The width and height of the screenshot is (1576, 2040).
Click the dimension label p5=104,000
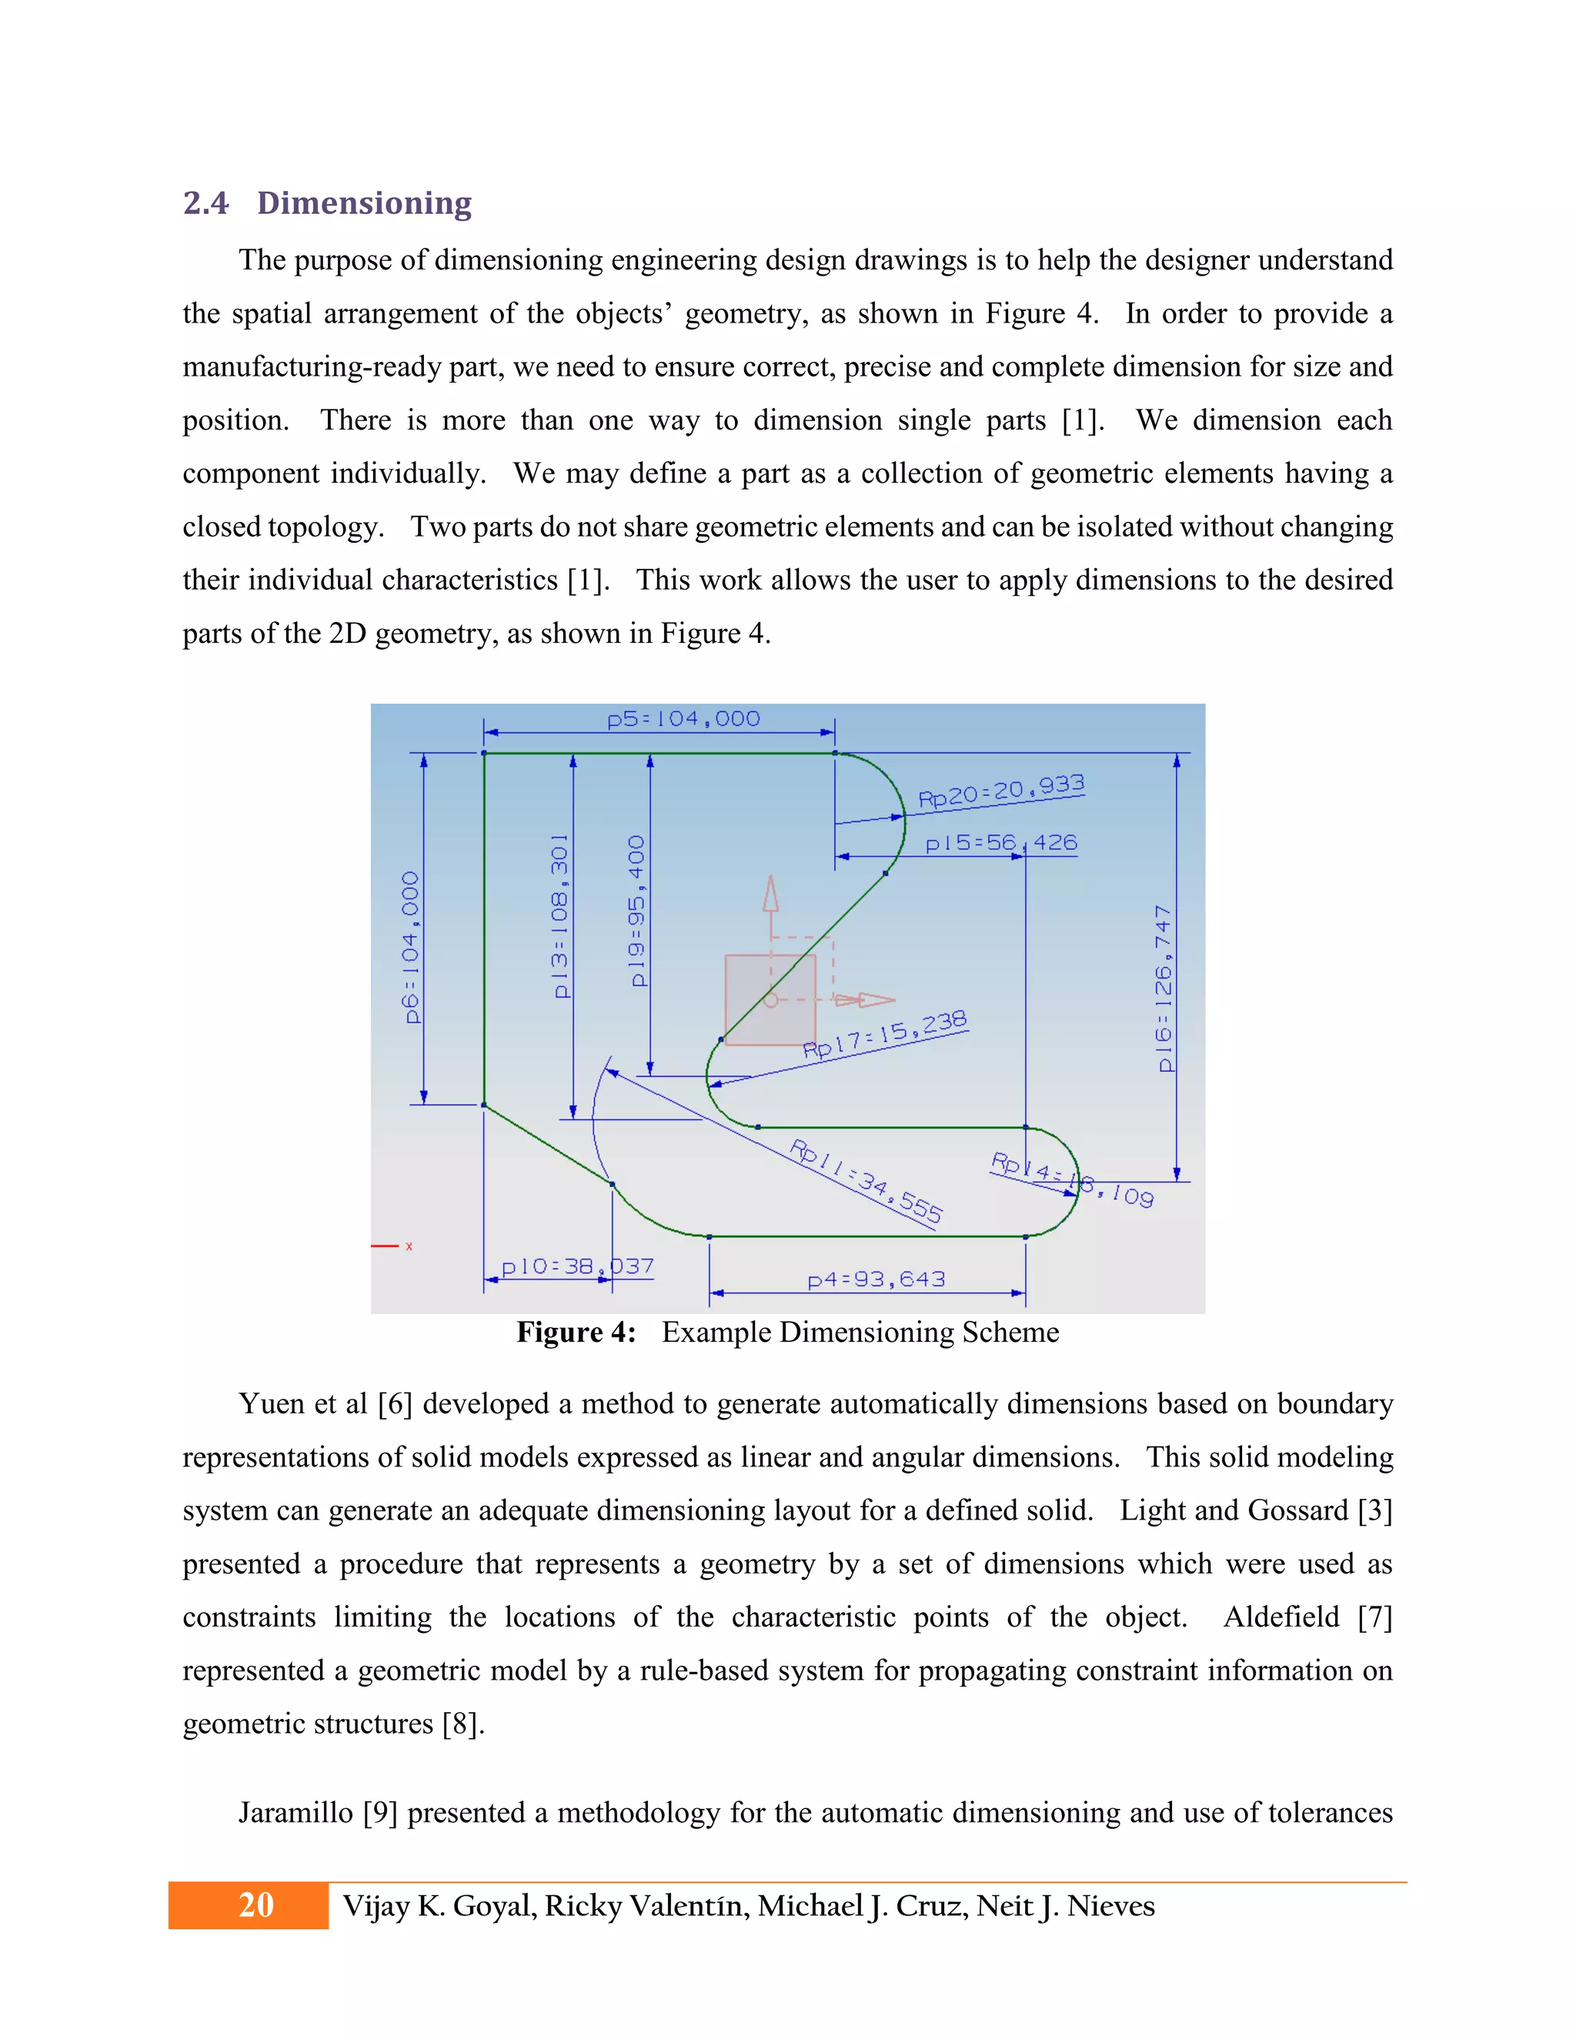coord(683,719)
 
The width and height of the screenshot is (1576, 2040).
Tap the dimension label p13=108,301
coord(559,915)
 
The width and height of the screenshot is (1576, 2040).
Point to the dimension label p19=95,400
coord(636,911)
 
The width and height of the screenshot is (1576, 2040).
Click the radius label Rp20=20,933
coord(1001,791)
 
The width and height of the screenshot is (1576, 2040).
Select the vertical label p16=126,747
coord(1164,988)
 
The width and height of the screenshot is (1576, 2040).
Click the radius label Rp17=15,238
coord(884,1035)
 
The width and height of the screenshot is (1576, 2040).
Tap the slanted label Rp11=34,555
coord(866,1181)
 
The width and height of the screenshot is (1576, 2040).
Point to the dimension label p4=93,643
coord(876,1279)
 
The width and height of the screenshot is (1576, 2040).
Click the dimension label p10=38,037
coord(577,1266)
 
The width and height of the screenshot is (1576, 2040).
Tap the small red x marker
coord(409,1246)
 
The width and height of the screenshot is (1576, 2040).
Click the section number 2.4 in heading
coord(205,202)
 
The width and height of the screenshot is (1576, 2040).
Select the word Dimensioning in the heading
coord(364,202)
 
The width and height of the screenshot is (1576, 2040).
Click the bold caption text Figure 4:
coord(576,1332)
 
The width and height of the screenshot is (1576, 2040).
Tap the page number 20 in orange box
coord(255,1905)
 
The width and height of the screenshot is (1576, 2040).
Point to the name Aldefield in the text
coord(1281,1617)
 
